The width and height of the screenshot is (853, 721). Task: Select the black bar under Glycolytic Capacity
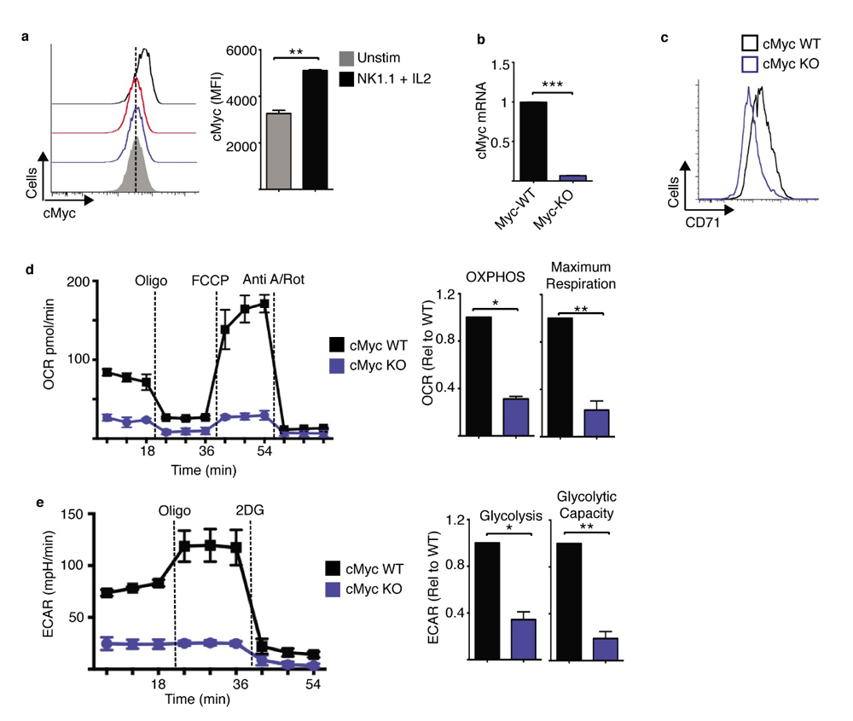(x=569, y=602)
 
